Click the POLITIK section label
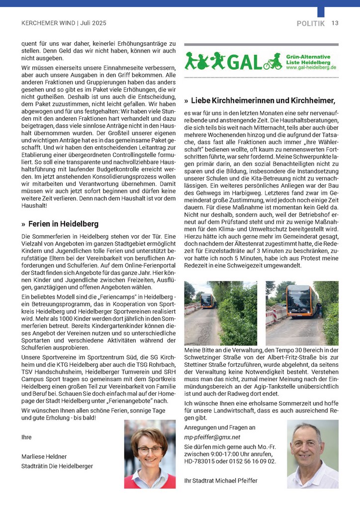pos(311,23)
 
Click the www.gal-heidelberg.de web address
pos(311,67)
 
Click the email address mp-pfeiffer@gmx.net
pos(212,437)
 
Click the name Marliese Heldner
pos(44,456)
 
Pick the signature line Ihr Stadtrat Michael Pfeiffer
pos(221,481)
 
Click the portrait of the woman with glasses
pos(150,454)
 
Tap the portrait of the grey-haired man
pos(313,454)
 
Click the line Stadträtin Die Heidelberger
pos(57,466)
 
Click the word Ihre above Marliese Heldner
pos(27,437)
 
